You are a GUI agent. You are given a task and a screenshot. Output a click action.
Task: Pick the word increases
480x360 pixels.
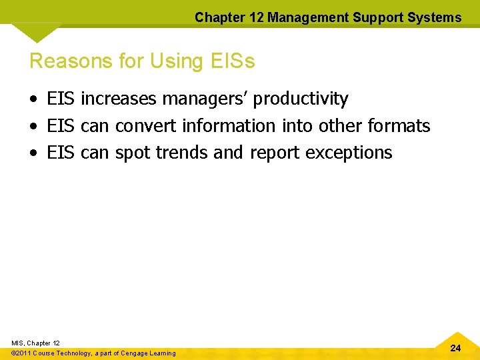(119, 99)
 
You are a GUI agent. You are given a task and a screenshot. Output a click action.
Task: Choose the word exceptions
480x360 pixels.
(349, 153)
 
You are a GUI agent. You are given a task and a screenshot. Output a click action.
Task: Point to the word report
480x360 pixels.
(275, 153)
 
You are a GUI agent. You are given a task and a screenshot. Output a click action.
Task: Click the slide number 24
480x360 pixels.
(455, 348)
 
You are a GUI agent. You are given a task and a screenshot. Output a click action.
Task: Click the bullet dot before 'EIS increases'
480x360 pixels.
(34, 100)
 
